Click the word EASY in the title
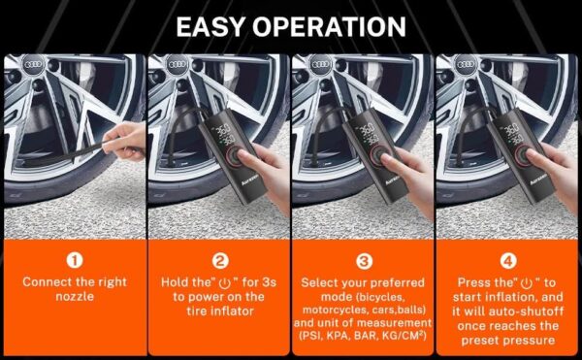point(210,27)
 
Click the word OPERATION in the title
point(329,27)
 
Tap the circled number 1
point(75,260)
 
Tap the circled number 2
point(220,260)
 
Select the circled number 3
point(364,261)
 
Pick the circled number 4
point(508,261)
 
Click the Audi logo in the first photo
point(33,65)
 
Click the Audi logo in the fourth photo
point(466,65)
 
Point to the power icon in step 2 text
point(225,284)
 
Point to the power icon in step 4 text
point(527,284)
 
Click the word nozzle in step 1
point(75,297)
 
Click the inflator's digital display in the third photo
point(368,134)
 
